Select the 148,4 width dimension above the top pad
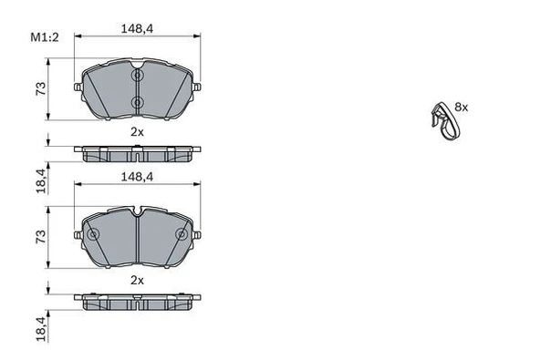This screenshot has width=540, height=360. pos(136,28)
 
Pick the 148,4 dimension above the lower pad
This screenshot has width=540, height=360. pos(136,179)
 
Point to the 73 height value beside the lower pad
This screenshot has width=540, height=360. pos(40,236)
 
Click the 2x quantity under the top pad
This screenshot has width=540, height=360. pos(136,131)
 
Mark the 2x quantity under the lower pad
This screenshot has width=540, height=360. pos(136,281)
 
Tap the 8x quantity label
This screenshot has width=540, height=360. pos(461,108)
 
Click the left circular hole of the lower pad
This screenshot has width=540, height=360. pos(92,234)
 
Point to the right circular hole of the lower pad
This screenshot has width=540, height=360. pos(190,234)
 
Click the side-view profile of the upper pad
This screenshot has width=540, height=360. pos(137,152)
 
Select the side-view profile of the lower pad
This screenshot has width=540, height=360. pos(137,302)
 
